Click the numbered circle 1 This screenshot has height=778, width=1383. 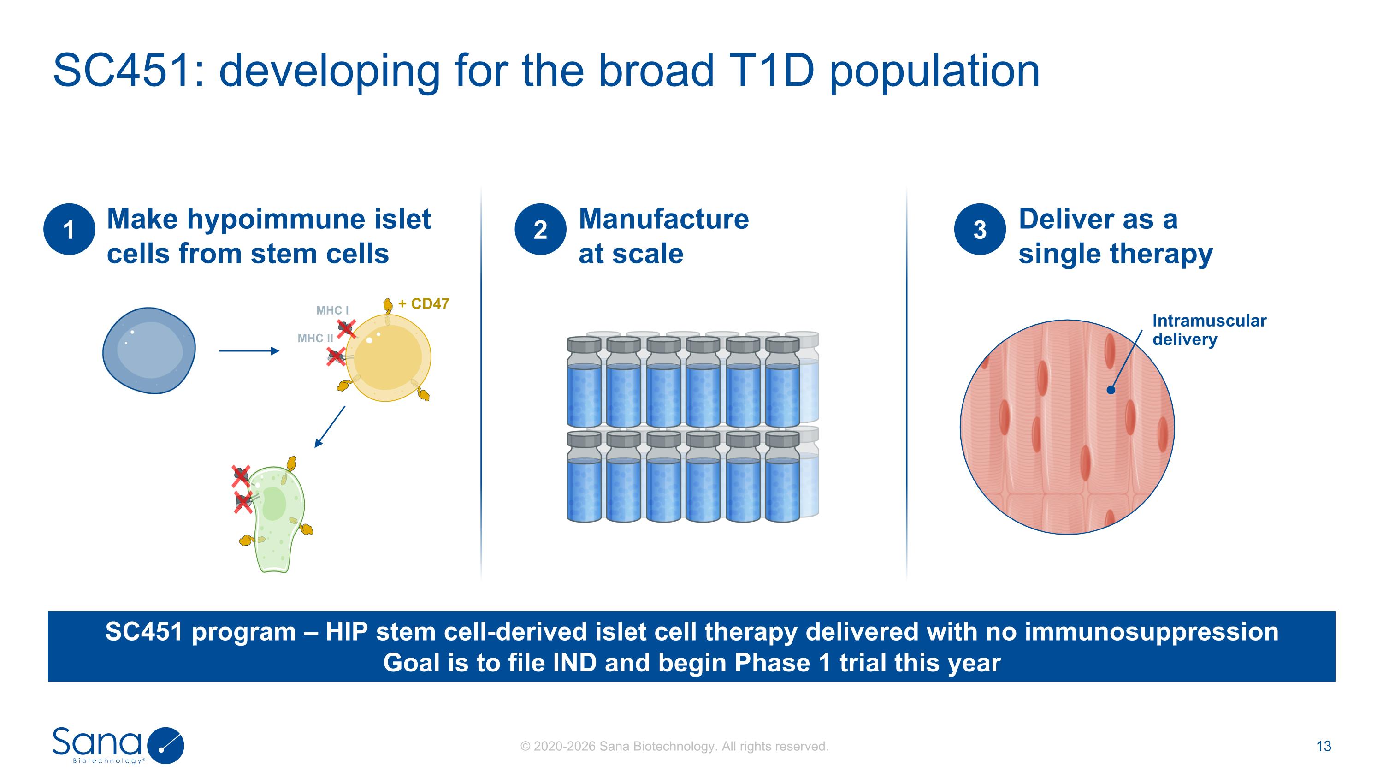69,229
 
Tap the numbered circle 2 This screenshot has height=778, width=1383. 540,229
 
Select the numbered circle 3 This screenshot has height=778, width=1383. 980,229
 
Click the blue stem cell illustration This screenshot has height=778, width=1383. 149,350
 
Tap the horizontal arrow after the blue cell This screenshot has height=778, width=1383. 249,351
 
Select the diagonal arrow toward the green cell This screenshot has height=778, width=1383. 330,427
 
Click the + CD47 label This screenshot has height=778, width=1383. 424,304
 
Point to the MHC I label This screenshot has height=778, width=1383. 332,310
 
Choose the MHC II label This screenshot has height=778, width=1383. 315,338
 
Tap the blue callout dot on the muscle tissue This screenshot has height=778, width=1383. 1111,390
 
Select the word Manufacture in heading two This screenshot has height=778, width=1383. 663,219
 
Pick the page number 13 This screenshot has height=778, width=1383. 1324,746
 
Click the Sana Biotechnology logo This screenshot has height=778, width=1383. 118,745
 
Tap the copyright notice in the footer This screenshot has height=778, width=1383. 674,746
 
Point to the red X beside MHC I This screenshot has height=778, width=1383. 346,327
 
